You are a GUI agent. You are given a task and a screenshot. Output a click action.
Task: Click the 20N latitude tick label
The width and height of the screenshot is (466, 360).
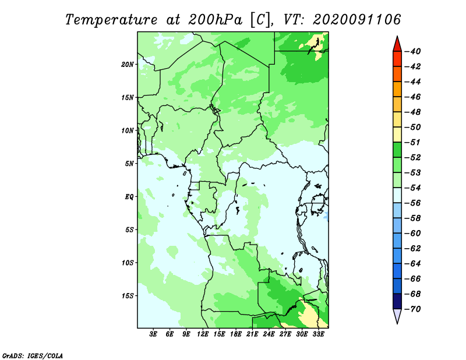click(128, 65)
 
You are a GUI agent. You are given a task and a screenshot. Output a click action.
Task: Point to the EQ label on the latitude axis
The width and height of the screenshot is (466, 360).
click(129, 197)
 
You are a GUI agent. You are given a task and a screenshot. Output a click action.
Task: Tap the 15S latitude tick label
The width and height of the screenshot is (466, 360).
click(128, 296)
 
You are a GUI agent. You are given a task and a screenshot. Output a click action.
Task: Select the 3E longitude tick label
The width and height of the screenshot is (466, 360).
click(153, 334)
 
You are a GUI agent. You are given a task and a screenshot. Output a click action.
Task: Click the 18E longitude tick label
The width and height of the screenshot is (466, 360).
click(236, 334)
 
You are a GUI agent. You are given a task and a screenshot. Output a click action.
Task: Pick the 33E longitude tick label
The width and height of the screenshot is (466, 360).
click(318, 334)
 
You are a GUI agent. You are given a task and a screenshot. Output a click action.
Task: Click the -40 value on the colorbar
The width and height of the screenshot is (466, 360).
click(412, 51)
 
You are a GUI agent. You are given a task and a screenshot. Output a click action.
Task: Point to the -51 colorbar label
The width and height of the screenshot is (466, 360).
click(412, 142)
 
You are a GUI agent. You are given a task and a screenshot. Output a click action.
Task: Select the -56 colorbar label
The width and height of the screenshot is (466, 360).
click(412, 203)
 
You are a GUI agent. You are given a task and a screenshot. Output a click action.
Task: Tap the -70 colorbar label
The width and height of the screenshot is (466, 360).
click(412, 309)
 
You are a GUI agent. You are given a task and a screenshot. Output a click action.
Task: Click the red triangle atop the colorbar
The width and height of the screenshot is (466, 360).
click(397, 44)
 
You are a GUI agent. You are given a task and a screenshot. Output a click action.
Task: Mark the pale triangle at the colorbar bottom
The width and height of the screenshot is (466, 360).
click(397, 316)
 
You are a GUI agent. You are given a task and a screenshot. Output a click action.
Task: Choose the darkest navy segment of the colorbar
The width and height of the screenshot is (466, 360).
click(397, 301)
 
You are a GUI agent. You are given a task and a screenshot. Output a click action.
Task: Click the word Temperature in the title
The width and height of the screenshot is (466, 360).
click(111, 20)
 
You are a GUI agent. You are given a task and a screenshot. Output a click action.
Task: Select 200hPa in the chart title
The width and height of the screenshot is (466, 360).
click(216, 20)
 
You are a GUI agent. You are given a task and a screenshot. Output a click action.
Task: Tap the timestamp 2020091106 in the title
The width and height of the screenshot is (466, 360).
click(357, 20)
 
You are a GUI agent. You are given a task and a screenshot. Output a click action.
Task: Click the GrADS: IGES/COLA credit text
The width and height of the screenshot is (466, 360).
click(33, 356)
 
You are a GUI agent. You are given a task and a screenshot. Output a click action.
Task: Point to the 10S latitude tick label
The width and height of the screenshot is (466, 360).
click(128, 263)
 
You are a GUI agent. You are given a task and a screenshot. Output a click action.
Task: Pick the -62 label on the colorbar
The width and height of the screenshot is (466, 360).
click(412, 249)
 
